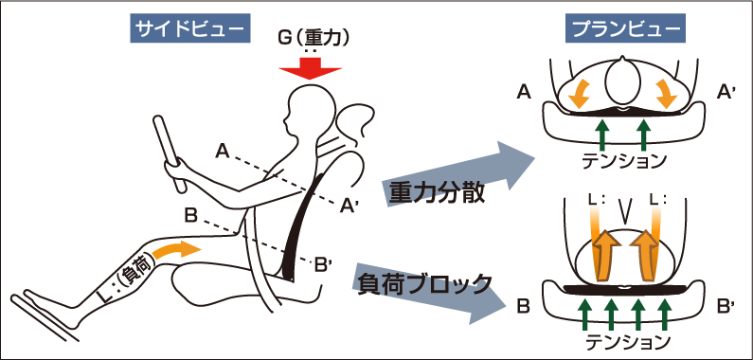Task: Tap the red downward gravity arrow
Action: click(305, 69)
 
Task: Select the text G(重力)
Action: click(312, 39)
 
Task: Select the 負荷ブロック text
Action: click(424, 281)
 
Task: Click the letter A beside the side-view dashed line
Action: click(222, 150)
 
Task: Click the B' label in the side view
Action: click(322, 264)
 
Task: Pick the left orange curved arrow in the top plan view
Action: click(579, 93)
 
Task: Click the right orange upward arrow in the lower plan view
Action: click(648, 254)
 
